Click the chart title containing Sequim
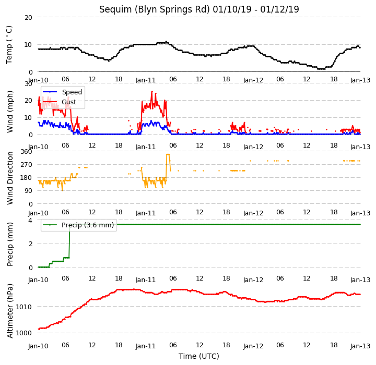coord(199,9)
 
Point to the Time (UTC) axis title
coord(199,356)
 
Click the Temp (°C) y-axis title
coord(9,45)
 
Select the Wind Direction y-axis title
coord(10,178)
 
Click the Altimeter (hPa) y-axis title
coord(10,311)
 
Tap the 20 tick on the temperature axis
coord(28,18)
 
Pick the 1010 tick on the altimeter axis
coord(23,307)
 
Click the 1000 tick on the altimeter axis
coord(23,333)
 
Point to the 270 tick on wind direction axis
coord(27,165)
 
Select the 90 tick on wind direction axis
coord(28,191)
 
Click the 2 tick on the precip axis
coord(30,244)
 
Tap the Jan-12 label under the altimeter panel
coord(253,346)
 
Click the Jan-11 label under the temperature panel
coord(146,80)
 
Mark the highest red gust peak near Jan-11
coord(152,91)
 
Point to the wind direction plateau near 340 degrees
coord(168,154)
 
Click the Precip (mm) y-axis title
coord(10,245)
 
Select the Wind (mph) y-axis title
coord(10,112)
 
